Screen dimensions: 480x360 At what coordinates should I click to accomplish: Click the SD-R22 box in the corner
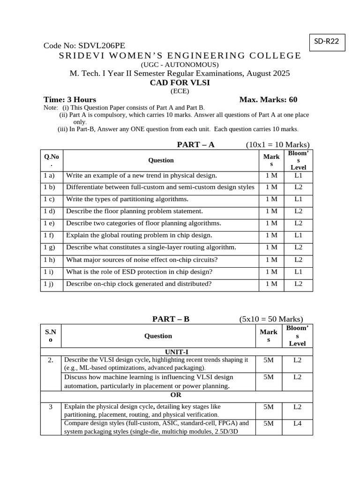326,42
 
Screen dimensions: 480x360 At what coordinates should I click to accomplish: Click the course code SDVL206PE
102,46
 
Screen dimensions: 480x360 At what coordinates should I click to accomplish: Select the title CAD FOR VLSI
180,82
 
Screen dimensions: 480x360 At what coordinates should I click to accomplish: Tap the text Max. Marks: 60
268,99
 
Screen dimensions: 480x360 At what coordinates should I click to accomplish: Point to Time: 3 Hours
70,99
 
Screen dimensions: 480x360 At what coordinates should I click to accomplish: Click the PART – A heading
195,144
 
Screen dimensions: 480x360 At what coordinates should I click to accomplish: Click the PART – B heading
171,319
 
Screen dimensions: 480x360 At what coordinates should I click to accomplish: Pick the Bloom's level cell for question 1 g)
298,247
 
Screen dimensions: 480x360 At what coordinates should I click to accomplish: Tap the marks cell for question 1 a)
271,175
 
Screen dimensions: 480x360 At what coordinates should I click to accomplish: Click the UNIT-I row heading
176,352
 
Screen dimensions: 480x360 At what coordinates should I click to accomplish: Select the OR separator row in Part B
176,395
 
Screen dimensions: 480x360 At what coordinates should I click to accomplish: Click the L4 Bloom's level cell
297,423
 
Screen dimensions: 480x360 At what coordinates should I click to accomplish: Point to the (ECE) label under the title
180,91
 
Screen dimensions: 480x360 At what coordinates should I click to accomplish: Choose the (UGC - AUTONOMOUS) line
180,65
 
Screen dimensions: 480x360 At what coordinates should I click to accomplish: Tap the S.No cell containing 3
51,407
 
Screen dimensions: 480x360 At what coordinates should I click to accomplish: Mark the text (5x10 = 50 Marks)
271,319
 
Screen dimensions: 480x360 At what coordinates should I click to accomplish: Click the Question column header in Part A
161,160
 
